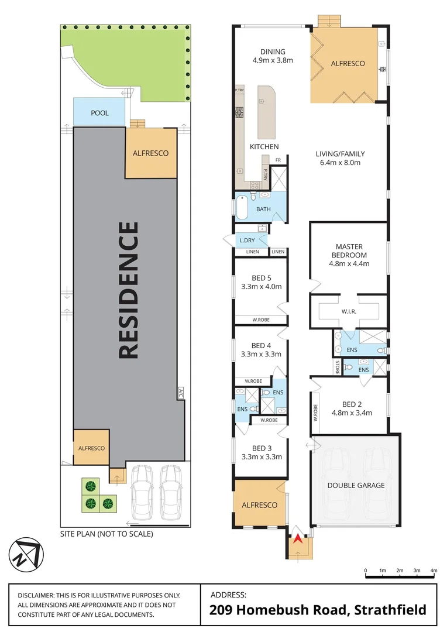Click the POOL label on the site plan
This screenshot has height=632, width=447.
(99, 113)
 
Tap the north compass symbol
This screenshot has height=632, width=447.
(26, 554)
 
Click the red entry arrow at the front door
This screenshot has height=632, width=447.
(298, 538)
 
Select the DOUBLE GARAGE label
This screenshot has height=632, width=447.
(356, 485)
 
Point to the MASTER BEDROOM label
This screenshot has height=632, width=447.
(351, 251)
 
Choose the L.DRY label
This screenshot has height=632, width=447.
(246, 241)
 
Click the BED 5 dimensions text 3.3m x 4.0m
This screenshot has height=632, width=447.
(262, 287)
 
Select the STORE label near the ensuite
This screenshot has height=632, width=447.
(338, 367)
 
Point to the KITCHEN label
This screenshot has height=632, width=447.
(264, 146)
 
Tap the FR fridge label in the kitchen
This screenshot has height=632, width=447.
(278, 160)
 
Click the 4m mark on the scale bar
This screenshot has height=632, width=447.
(434, 570)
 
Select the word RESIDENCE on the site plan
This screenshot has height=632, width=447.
(129, 290)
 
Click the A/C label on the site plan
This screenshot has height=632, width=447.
(180, 393)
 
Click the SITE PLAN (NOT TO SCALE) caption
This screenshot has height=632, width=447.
(106, 534)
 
